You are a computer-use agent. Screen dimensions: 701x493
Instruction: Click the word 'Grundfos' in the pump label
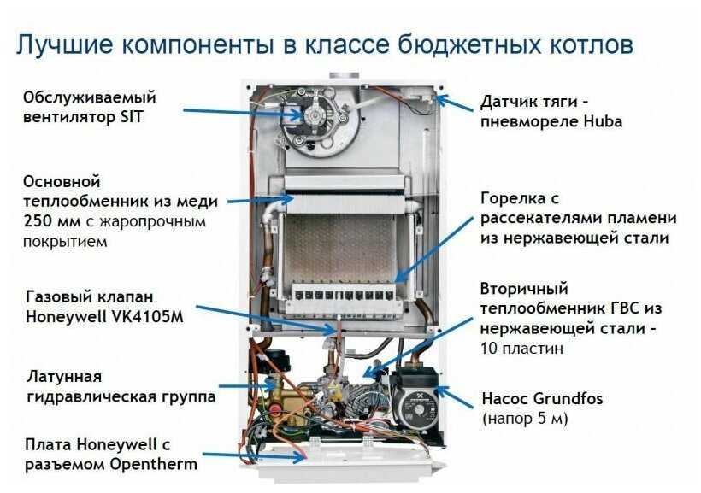(568, 398)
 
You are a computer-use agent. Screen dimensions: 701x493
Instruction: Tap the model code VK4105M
(144, 316)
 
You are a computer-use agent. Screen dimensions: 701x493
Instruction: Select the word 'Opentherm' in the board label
(153, 465)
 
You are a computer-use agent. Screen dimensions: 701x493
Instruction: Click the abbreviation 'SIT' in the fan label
(131, 117)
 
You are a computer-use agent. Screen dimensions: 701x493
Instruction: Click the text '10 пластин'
(521, 349)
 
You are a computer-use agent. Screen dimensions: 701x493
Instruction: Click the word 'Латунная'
(64, 376)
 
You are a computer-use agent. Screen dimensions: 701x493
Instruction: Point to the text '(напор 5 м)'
(525, 419)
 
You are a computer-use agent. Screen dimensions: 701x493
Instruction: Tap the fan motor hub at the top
(314, 115)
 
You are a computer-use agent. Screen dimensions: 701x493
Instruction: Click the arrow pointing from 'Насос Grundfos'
(454, 397)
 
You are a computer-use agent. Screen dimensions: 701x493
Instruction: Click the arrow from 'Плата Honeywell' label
(254, 456)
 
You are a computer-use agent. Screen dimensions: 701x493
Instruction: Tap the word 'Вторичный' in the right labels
(524, 289)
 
